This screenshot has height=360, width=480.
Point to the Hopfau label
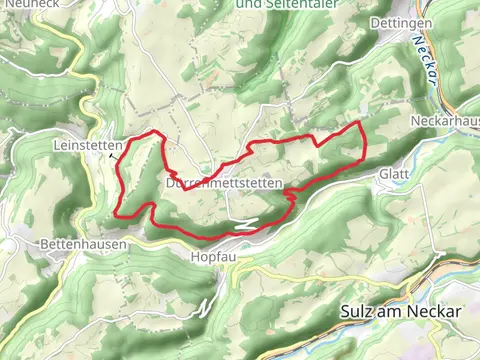pyautogui.click(x=211, y=257)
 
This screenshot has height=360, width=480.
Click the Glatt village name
pyautogui.click(x=393, y=174)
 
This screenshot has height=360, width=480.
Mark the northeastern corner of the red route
pyautogui.click(x=360, y=122)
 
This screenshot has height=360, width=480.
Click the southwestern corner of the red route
pyautogui.click(x=120, y=214)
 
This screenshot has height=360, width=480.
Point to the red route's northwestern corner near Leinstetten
pyautogui.click(x=153, y=132)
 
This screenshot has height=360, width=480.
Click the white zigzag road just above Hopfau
pyautogui.click(x=245, y=225)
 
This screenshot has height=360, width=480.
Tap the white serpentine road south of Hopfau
pyautogui.click(x=206, y=302)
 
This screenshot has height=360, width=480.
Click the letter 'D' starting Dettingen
pyautogui.click(x=373, y=23)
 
